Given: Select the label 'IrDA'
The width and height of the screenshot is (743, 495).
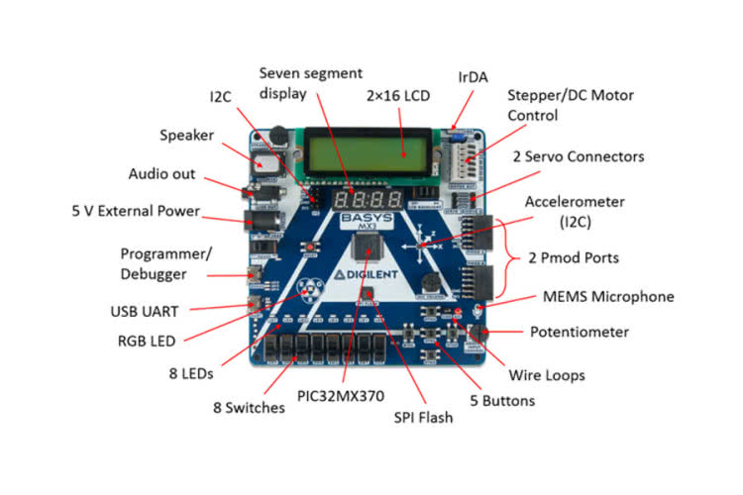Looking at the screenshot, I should pos(474,75).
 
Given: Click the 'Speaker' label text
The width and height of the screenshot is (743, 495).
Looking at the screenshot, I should pos(186,136).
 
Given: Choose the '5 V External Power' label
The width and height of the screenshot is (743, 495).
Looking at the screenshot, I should pos(136,211).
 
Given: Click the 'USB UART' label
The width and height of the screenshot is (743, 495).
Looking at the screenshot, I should pos(145,311).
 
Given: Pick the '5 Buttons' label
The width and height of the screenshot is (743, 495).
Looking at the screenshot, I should pos(500,400).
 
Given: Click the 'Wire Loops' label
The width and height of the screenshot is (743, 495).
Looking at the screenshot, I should pos(546,375).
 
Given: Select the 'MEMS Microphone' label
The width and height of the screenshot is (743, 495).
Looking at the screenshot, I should pos(608,296).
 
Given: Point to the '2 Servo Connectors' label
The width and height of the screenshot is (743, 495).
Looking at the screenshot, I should pos(579,156).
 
